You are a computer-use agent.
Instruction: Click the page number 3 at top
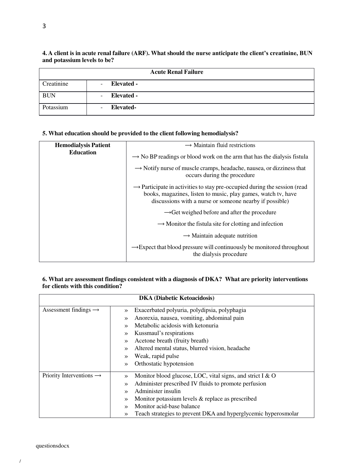coord(44,26)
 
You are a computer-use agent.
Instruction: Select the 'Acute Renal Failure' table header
coord(177,72)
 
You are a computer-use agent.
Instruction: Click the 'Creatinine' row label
coord(55,84)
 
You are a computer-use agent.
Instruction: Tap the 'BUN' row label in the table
coord(49,96)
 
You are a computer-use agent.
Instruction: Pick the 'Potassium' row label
coord(55,107)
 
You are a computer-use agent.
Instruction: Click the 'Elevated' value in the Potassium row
coord(123,107)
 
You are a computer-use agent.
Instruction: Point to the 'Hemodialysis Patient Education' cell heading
coord(83,149)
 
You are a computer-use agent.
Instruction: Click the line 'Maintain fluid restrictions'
coord(220,145)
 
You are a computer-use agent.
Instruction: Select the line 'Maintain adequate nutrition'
coord(220,236)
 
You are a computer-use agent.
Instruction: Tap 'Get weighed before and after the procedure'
coord(220,212)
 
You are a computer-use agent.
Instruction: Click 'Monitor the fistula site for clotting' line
coord(220,224)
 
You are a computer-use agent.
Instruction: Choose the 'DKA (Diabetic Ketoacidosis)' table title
coord(177,298)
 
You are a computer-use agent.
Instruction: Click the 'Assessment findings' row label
coord(70,310)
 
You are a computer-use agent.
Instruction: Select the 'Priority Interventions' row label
coord(72,376)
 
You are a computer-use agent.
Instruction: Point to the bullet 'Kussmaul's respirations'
coord(164,333)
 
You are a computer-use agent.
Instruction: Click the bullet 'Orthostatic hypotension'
coord(164,364)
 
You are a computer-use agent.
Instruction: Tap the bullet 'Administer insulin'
coord(158,391)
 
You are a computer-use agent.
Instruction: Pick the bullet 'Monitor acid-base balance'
coord(167,406)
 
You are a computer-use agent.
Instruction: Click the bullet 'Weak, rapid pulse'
coord(157,356)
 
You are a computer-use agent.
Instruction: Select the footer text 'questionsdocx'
coord(52,446)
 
